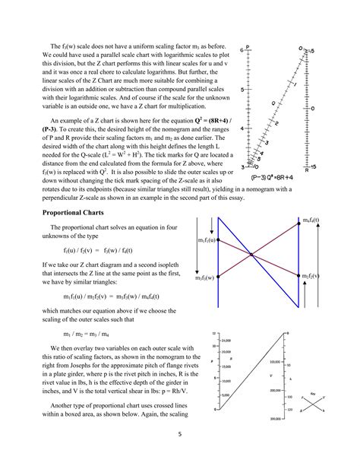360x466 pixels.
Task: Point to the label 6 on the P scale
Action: click(241, 49)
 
